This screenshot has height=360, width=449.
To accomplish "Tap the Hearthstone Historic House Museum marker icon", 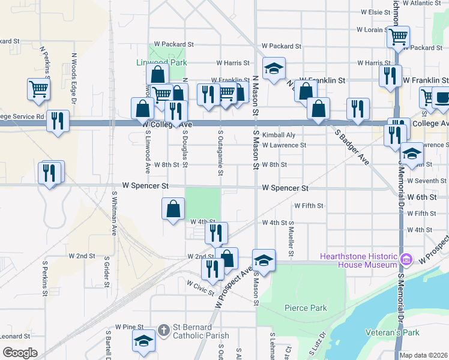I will [x=406, y=259].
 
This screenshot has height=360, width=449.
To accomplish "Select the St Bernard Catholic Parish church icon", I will [x=164, y=330].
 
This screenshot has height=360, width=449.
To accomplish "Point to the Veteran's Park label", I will [x=393, y=332].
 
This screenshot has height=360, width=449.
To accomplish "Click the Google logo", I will [x=20, y=353].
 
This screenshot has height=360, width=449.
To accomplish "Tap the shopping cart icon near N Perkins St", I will [x=38, y=89].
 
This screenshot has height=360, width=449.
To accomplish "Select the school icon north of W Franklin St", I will [x=274, y=68].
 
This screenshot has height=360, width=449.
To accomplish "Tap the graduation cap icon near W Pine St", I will [x=143, y=341].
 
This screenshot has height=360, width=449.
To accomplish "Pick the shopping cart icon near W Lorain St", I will [x=397, y=37].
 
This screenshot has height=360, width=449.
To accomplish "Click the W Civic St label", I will [x=200, y=288].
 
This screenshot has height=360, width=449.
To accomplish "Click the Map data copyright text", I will [x=423, y=355].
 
